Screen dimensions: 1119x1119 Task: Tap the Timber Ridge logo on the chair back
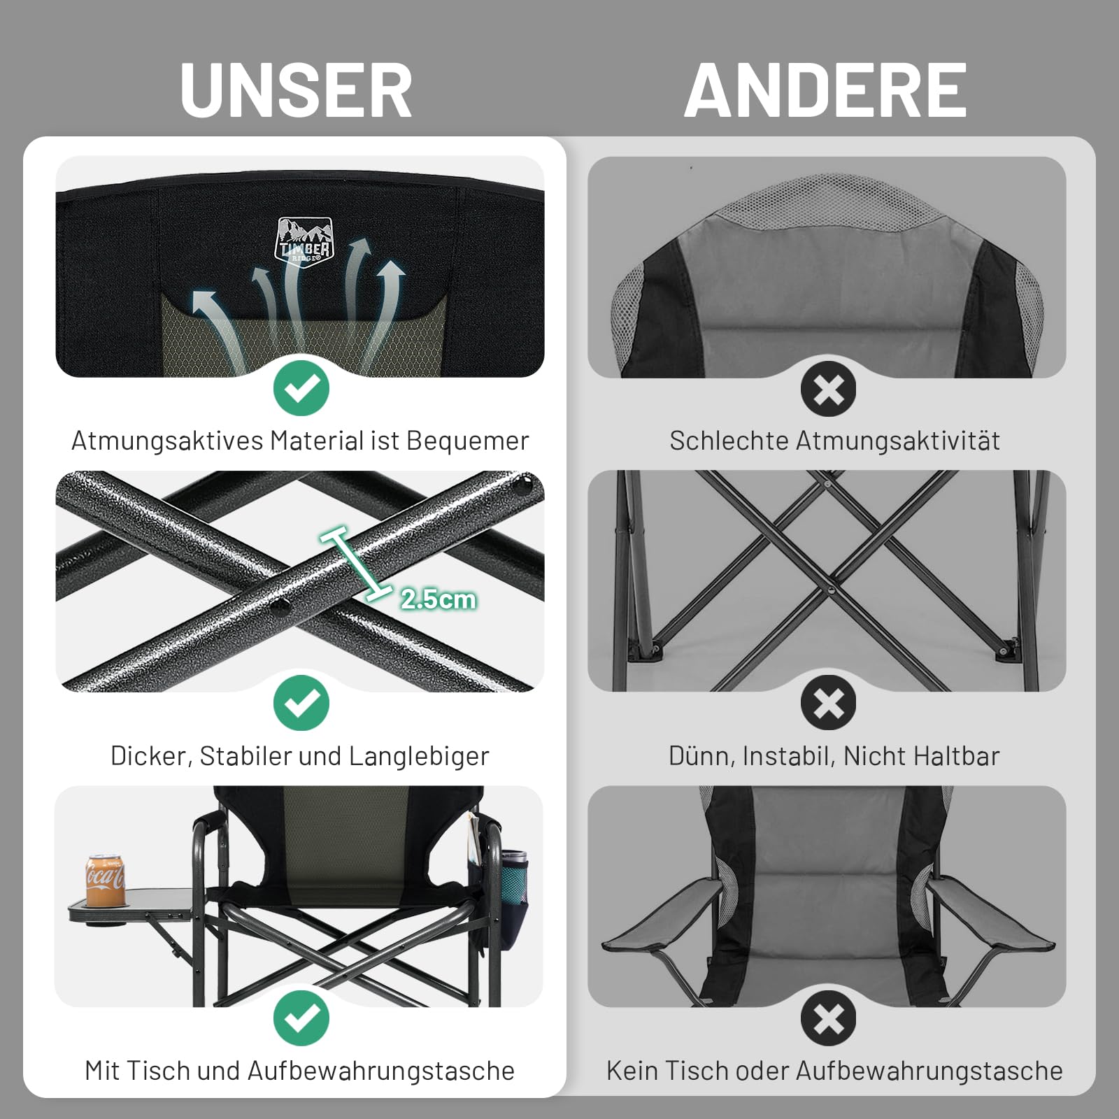pyautogui.click(x=304, y=240)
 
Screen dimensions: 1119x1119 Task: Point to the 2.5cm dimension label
pyautogui.click(x=439, y=599)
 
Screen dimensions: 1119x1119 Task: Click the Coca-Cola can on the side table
pyautogui.click(x=105, y=881)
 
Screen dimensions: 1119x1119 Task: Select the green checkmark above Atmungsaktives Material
pyautogui.click(x=301, y=389)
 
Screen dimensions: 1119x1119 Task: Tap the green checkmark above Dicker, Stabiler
pyautogui.click(x=301, y=704)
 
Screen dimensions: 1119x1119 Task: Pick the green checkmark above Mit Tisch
pyautogui.click(x=301, y=1018)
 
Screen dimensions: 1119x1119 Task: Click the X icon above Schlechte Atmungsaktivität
pyautogui.click(x=829, y=389)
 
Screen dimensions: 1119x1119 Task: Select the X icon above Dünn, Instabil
pyautogui.click(x=829, y=704)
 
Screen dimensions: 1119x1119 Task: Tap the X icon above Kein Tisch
pyautogui.click(x=829, y=1018)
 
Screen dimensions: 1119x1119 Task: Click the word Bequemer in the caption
pyautogui.click(x=467, y=441)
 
